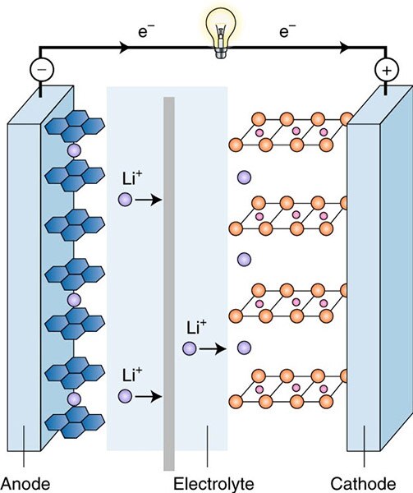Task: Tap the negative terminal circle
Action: coord(40,71)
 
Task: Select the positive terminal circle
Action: coord(383,71)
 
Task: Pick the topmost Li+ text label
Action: coord(128,177)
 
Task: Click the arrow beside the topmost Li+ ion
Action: coord(149,199)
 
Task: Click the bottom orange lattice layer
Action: coord(291,386)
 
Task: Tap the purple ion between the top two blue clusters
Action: coord(73,151)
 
